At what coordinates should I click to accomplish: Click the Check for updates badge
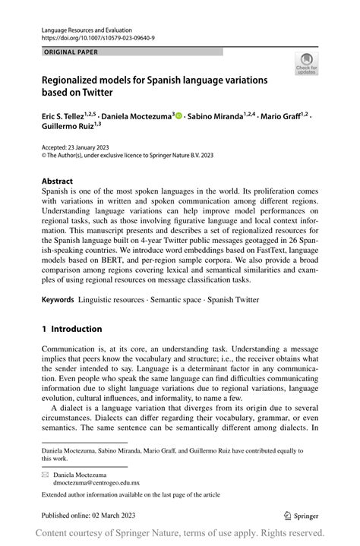pyautogui.click(x=306, y=64)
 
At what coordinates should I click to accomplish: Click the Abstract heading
pyautogui.click(x=58, y=181)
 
